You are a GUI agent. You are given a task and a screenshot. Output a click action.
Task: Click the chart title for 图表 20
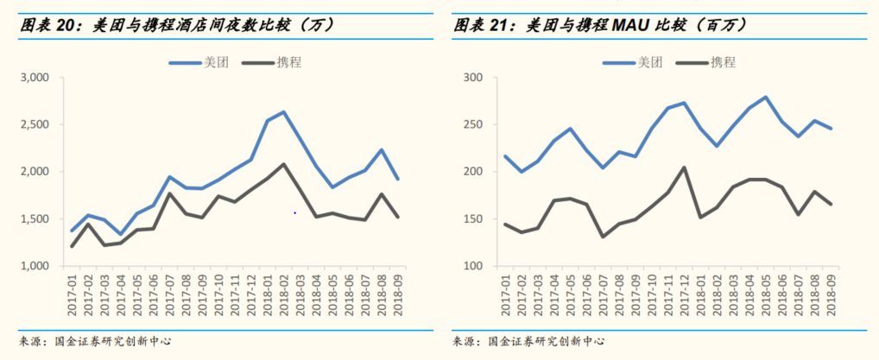tap(177, 25)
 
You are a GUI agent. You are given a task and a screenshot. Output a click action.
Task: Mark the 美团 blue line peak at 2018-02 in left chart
tap(283, 112)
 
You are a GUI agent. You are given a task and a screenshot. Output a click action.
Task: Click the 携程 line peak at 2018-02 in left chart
tap(283, 164)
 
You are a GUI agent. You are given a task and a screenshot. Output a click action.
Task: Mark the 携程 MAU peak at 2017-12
tap(684, 167)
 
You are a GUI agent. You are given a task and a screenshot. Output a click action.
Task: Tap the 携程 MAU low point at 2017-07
tap(602, 237)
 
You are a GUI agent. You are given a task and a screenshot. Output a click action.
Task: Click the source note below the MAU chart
tap(528, 342)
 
